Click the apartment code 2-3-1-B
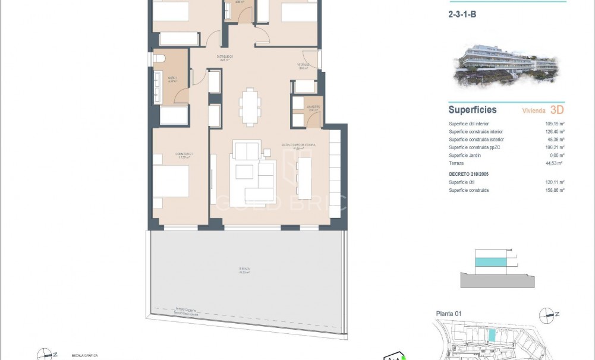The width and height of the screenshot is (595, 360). point(462,15)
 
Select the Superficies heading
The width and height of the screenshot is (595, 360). point(473,110)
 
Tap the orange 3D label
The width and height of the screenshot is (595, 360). point(557,110)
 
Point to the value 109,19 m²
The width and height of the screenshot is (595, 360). point(555,124)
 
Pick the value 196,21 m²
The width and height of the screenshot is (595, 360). point(555,147)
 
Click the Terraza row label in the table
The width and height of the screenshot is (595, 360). point(457,163)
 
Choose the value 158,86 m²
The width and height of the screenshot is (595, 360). point(555,190)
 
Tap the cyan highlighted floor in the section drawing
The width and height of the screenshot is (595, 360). point(492,261)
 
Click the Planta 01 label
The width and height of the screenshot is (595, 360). point(449,314)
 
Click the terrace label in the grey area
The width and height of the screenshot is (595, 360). point(245,270)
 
